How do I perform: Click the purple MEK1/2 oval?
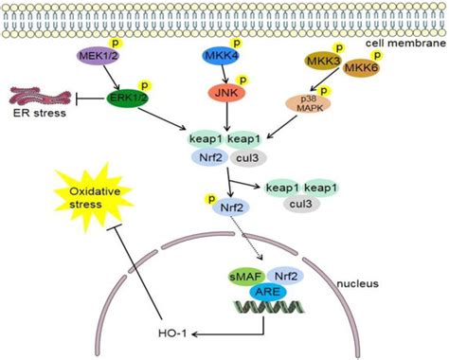tap(97, 59)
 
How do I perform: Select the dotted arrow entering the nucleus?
tap(242, 238)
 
